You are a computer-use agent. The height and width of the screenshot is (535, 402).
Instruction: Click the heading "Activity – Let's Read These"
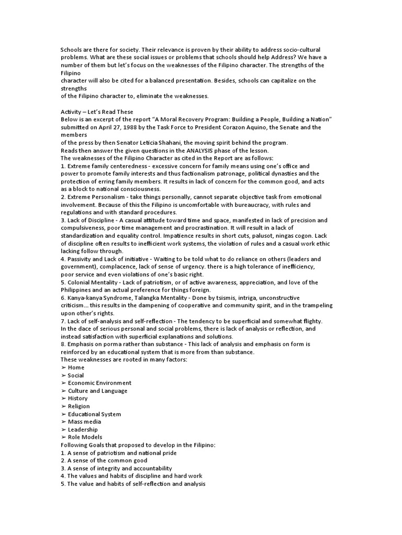pos(97,112)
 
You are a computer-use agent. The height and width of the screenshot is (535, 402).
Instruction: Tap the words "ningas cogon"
pos(296,236)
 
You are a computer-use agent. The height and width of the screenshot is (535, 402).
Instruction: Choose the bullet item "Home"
pos(76,367)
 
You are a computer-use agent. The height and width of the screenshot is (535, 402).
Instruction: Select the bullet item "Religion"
pos(79,406)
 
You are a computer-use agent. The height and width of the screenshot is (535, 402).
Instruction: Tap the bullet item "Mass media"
pos(84,422)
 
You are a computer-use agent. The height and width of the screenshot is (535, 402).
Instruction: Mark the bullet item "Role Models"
pos(85,437)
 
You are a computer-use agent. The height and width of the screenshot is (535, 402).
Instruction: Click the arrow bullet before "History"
pos(63,398)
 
